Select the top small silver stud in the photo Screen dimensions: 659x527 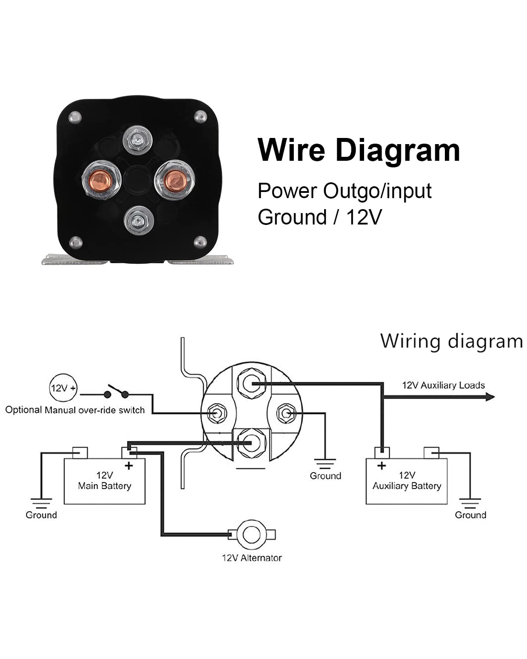(x=137, y=140)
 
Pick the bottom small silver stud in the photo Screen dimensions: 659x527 (x=138, y=220)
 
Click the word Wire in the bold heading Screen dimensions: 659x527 (x=291, y=150)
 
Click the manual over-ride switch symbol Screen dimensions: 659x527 (x=116, y=391)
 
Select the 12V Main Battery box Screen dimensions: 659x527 (x=105, y=481)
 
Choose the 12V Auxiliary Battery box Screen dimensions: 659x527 (x=406, y=481)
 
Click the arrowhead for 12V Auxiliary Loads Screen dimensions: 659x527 (x=490, y=397)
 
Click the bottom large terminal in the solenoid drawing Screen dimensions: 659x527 (x=251, y=442)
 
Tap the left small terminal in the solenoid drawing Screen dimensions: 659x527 (x=217, y=413)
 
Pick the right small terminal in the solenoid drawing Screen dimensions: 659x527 (x=286, y=413)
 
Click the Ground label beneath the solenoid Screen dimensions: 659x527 (x=325, y=476)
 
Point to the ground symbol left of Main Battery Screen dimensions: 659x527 (x=41, y=503)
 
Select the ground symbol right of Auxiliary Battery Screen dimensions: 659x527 (x=470, y=503)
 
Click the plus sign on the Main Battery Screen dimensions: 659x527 (x=129, y=466)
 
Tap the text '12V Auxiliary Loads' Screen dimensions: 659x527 (x=443, y=385)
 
